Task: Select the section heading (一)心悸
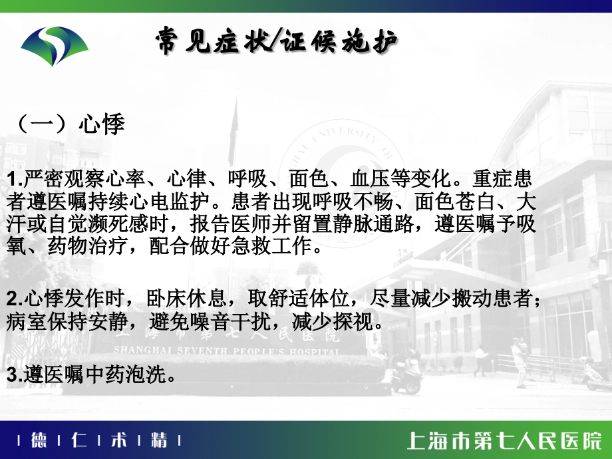pos(69,124)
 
